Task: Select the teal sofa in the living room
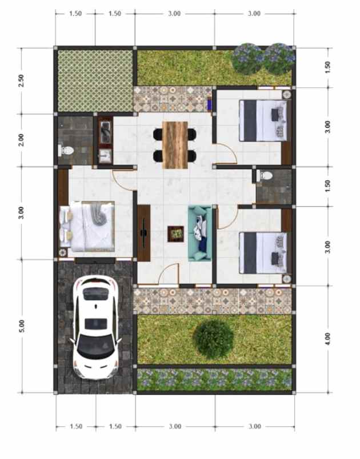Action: coord(200,233)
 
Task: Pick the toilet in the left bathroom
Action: coord(67,151)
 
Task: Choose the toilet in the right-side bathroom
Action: coord(264,176)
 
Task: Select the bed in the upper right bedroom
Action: coord(262,120)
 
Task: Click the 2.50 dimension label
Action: coord(22,80)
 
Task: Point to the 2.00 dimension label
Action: coord(22,140)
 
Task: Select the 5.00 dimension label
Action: coord(22,325)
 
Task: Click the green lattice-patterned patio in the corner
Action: coord(95,80)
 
